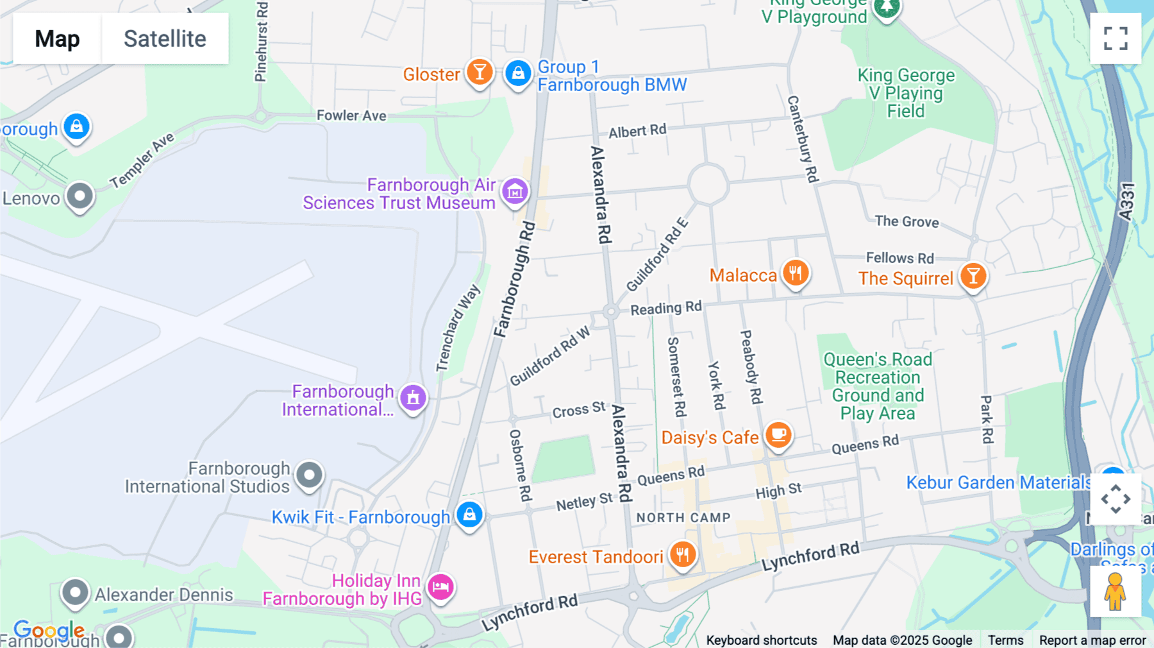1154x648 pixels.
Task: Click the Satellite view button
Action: (x=165, y=38)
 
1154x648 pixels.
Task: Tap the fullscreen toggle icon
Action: (x=1116, y=38)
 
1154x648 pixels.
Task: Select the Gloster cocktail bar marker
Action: (x=480, y=72)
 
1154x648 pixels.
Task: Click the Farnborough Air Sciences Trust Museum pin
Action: (x=515, y=191)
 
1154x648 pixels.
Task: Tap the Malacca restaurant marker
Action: (x=795, y=273)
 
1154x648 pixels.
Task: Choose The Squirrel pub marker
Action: (x=973, y=276)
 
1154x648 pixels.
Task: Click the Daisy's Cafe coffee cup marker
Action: (x=778, y=435)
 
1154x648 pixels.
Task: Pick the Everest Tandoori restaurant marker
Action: (x=683, y=554)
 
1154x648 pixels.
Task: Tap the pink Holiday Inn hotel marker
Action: (x=440, y=586)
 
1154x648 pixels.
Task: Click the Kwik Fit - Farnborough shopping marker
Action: (x=469, y=515)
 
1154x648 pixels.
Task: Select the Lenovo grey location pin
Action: (x=80, y=195)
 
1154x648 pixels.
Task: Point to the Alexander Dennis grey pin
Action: (x=75, y=592)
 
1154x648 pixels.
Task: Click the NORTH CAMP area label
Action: (x=683, y=518)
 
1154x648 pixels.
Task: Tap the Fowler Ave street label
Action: (x=351, y=115)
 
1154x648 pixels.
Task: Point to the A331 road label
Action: (x=1127, y=202)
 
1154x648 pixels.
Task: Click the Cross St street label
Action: (x=578, y=410)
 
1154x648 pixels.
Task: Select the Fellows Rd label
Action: (x=899, y=258)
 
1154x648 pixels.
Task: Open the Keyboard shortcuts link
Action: (x=761, y=640)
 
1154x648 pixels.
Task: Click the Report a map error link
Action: (x=1092, y=640)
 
